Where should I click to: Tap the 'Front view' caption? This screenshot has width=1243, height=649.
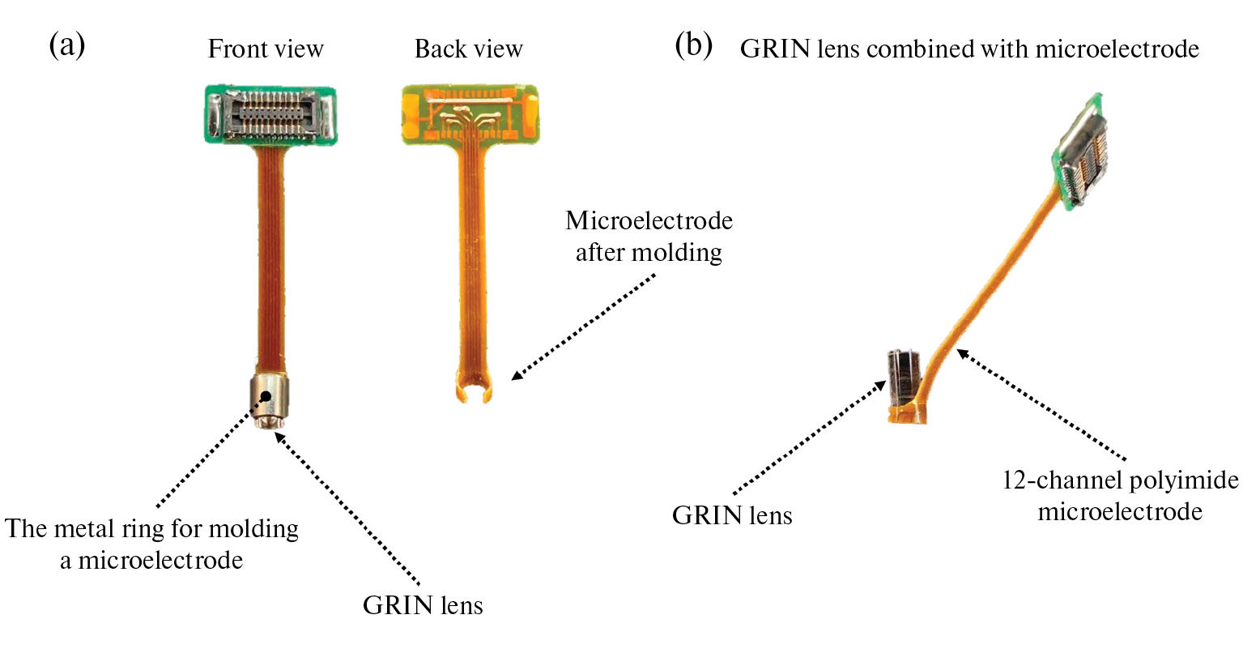click(266, 49)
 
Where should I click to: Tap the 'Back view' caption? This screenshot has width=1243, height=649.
click(468, 49)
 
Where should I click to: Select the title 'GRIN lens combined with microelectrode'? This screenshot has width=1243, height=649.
click(969, 49)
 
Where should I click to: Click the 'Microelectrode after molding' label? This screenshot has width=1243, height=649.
click(649, 237)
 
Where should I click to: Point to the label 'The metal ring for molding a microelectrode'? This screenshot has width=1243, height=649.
click(152, 544)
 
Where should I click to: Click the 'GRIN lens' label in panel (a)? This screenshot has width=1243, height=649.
click(423, 605)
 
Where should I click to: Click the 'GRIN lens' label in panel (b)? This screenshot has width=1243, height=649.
click(732, 515)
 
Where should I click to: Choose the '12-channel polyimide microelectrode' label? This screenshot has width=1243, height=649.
click(1121, 495)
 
